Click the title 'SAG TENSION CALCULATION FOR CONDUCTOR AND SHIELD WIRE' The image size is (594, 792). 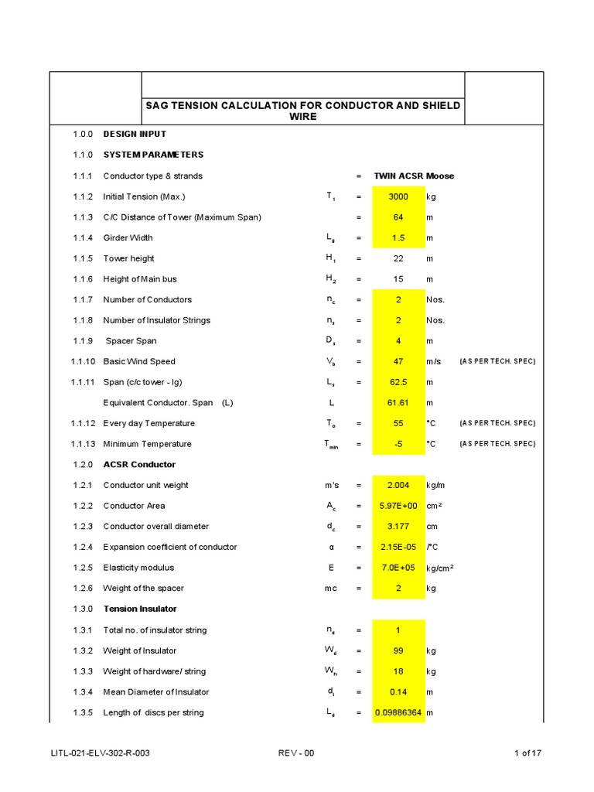coord(303,111)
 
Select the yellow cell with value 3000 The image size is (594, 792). coord(398,196)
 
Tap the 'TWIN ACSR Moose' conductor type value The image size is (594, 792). coord(414,176)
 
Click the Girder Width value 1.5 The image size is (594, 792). coord(398,238)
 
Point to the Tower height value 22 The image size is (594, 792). coord(398,258)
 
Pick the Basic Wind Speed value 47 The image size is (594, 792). coord(398,361)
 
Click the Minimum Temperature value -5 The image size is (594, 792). coord(398,444)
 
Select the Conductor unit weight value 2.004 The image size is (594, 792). coord(398,485)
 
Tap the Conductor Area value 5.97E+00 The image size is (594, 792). coord(398,506)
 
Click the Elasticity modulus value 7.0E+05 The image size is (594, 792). coord(398,568)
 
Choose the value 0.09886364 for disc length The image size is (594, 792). coord(398,712)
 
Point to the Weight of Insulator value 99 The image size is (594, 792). coord(398,650)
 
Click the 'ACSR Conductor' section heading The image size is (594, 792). coord(139,465)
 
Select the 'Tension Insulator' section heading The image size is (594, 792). coord(140,609)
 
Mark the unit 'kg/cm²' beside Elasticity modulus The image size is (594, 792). coord(439,568)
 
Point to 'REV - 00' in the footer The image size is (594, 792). coord(295,753)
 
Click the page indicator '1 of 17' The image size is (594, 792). coord(528,753)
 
